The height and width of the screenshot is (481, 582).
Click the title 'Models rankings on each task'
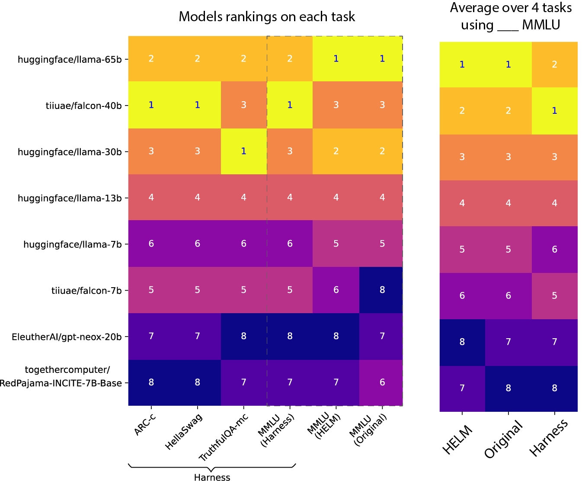coord(267,17)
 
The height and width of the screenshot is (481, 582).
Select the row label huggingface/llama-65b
coord(70,59)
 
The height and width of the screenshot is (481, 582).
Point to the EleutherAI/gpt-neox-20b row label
coord(67,337)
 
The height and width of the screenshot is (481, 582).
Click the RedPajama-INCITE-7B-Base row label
coord(61,383)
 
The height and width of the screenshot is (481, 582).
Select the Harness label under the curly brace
coord(212,477)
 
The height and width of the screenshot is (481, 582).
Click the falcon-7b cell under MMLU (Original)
coord(382,290)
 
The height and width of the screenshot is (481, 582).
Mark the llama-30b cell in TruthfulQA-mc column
coord(243,151)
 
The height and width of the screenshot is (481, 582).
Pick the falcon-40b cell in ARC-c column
coord(151,105)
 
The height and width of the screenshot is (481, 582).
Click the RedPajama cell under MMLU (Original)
coord(382,382)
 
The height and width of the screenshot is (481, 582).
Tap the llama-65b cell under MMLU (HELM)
coord(336,58)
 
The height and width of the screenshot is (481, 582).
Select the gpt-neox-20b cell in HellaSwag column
coord(197,336)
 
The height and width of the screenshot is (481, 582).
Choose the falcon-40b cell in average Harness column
coord(554,111)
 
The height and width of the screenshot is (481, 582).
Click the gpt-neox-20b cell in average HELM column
coord(462,342)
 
